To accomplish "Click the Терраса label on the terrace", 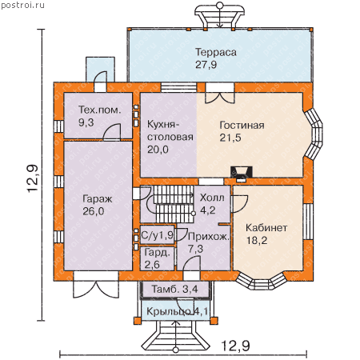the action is [216, 52].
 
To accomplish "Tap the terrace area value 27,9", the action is [206, 65].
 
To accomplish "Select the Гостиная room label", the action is [242, 126].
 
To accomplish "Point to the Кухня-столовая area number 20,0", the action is [158, 150].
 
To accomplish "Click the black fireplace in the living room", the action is [242, 172].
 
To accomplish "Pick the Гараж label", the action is [98, 199].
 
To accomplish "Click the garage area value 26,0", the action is [94, 211].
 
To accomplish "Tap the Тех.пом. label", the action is [99, 110].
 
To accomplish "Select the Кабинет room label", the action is [266, 228].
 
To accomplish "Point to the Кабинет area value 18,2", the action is [257, 240].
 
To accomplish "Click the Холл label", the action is [212, 198].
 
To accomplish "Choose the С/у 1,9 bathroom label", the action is [158, 235].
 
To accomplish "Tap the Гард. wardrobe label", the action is [158, 252].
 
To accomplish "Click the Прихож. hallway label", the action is [209, 237].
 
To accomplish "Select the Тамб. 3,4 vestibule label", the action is [175, 289].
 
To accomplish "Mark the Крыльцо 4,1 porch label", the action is [178, 311].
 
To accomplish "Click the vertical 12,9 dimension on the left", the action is [34, 178].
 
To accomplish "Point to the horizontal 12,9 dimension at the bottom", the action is [236, 346].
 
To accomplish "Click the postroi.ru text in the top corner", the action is [23, 6].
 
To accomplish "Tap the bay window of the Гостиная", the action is [314, 134].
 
